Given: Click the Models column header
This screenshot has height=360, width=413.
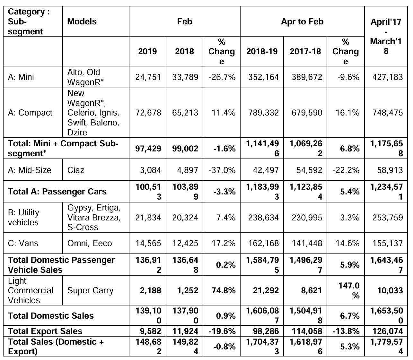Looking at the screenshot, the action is [82, 21].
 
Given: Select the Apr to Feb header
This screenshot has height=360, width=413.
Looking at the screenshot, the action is [302, 21].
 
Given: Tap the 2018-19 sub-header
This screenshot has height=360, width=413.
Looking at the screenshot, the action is [262, 51].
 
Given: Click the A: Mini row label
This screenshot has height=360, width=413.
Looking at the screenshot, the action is [21, 77].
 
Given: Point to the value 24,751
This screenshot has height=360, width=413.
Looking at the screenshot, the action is [148, 77].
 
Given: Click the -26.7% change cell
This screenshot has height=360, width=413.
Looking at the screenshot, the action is [222, 77].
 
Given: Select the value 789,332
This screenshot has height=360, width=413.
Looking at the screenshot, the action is [263, 113].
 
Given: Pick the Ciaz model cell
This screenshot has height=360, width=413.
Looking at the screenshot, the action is [76, 170].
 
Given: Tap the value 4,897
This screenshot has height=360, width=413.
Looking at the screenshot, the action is [188, 170].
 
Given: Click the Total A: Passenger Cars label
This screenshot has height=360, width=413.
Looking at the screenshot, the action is [57, 192].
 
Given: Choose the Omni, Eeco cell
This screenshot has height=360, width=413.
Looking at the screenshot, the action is [89, 243].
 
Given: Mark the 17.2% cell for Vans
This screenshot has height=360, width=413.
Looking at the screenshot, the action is [223, 243].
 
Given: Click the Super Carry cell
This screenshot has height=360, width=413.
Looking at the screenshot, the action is [90, 290].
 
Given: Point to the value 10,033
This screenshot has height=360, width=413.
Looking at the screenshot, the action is [390, 290].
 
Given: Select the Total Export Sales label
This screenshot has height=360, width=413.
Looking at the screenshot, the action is [45, 331].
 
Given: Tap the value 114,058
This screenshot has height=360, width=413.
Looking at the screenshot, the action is [307, 331].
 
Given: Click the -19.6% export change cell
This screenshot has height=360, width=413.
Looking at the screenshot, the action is [222, 331].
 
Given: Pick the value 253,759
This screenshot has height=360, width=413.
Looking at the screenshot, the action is [387, 218].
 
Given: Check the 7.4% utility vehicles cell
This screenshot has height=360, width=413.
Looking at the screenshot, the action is [226, 218].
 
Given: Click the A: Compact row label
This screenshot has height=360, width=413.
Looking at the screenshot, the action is [30, 113].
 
